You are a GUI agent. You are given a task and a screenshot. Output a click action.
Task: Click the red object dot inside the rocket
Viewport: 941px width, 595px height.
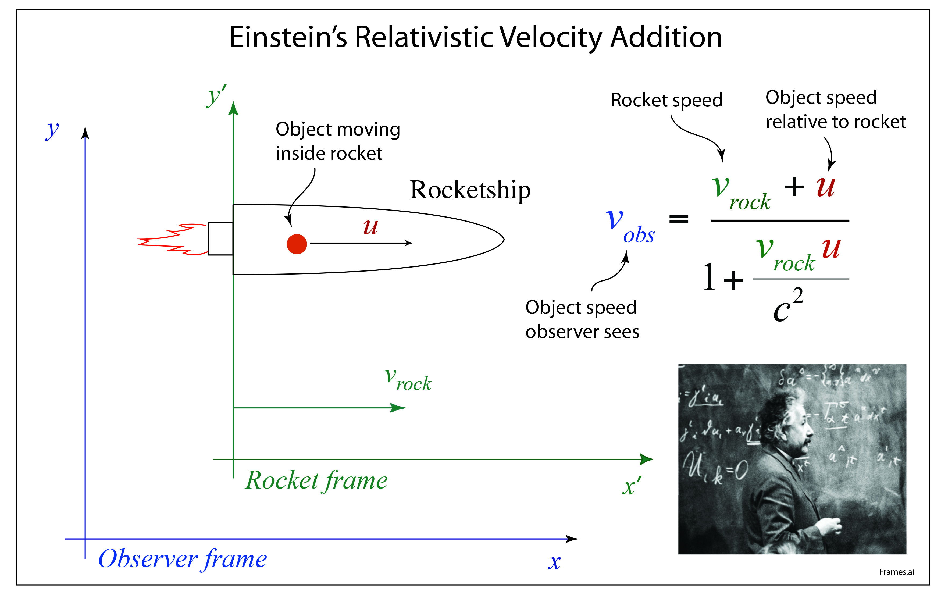click(x=297, y=244)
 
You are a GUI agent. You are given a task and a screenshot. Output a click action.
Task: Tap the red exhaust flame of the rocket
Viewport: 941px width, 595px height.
click(x=172, y=239)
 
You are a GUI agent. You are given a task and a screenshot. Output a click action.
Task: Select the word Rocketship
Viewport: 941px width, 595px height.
click(x=470, y=190)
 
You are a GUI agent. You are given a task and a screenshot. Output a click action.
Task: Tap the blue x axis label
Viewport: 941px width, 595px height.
click(x=554, y=562)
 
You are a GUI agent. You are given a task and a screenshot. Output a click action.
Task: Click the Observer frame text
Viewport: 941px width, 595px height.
click(x=183, y=559)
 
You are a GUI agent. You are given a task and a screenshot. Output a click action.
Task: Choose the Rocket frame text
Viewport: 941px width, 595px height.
click(x=316, y=480)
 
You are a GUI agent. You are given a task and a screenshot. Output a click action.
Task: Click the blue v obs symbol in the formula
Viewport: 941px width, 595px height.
click(x=628, y=226)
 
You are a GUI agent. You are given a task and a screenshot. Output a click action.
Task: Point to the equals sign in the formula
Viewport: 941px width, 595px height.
click(x=679, y=219)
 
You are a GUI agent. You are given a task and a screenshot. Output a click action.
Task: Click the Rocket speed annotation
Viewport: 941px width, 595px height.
click(x=666, y=100)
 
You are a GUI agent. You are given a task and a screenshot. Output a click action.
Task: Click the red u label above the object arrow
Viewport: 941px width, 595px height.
click(x=370, y=227)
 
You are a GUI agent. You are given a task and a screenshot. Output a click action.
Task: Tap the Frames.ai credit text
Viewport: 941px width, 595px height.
click(x=896, y=572)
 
